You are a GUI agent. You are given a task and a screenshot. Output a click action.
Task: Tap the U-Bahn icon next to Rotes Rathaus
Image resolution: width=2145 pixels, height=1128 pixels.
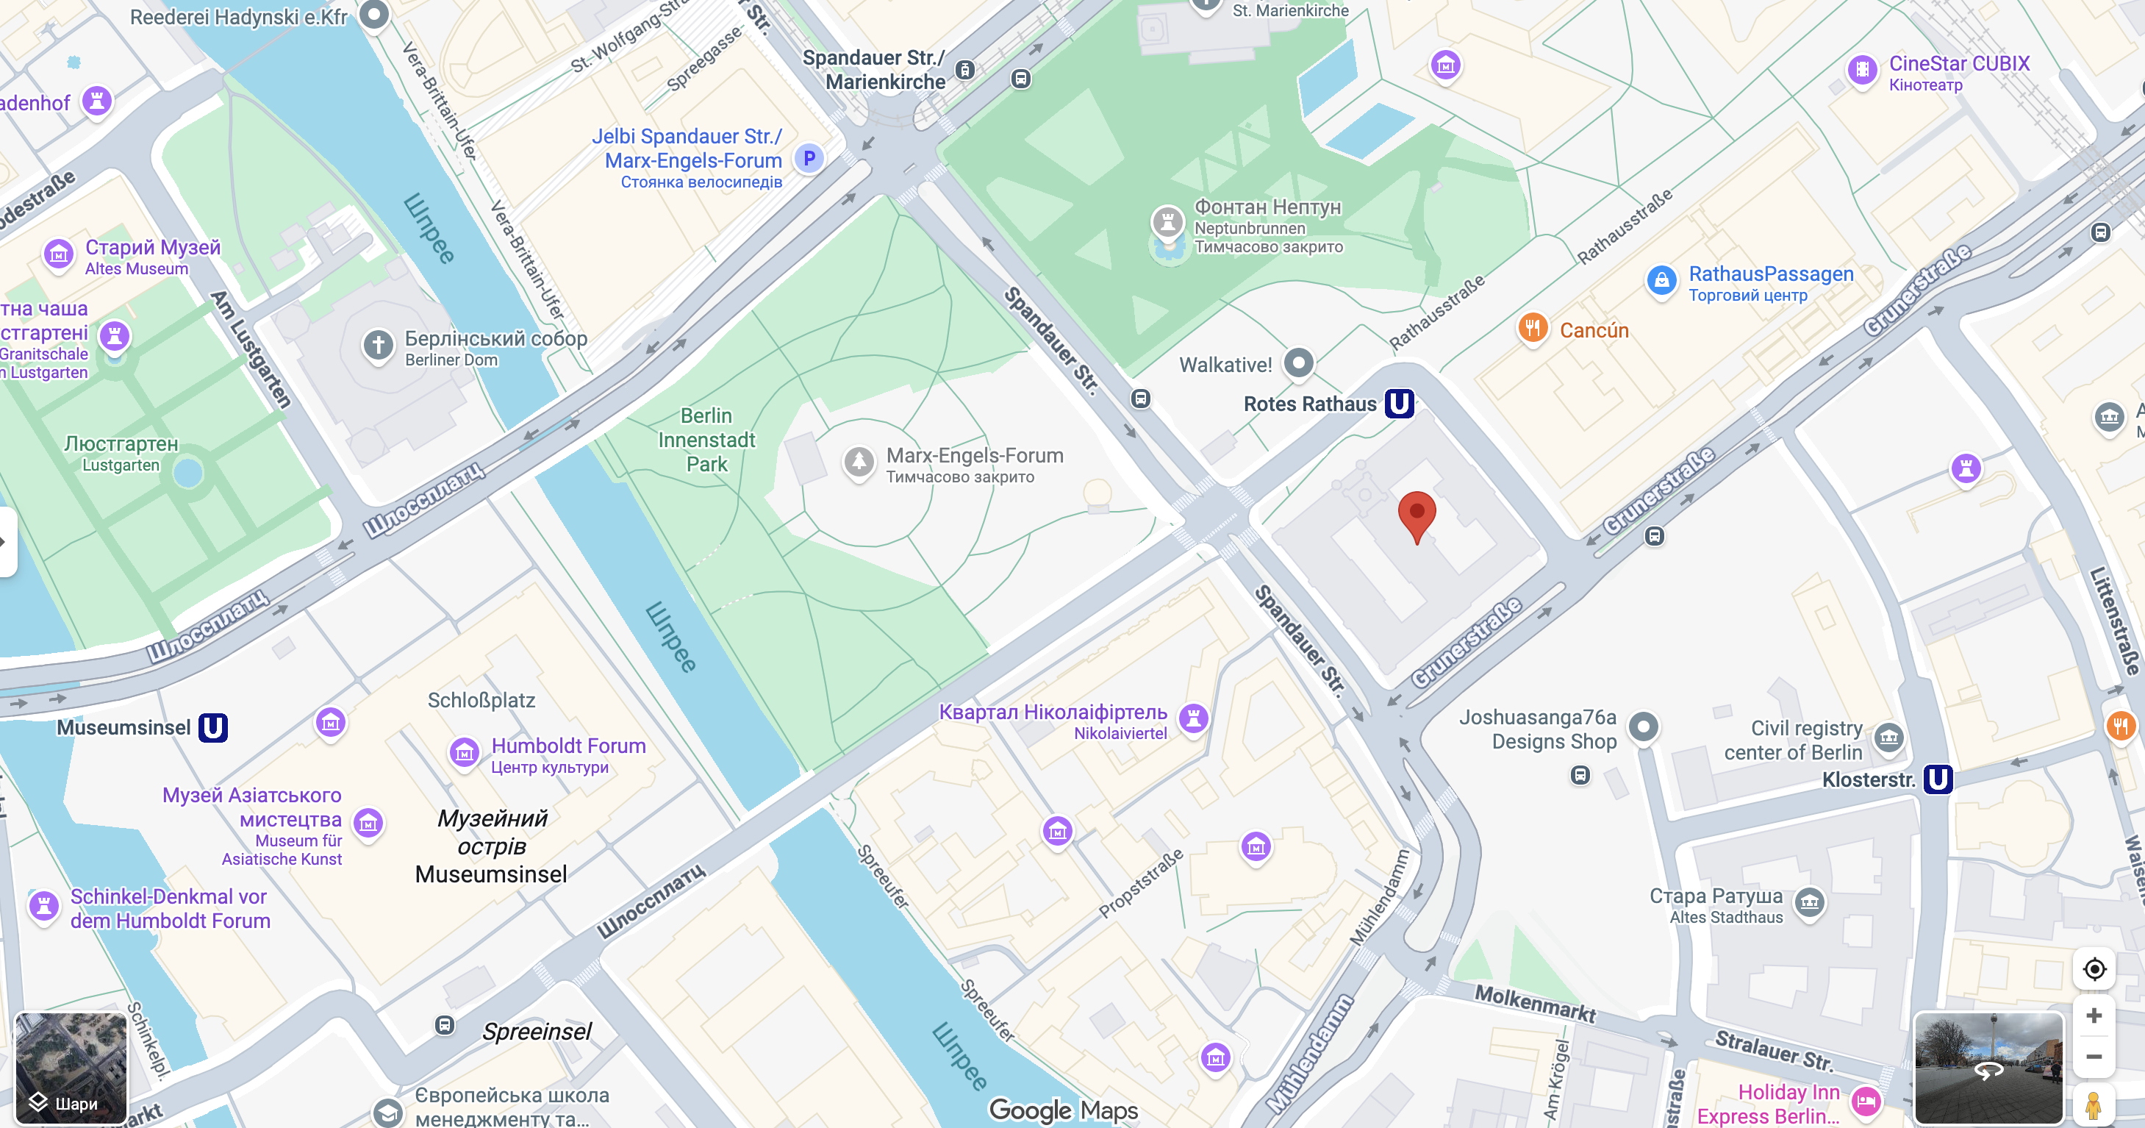point(1399,404)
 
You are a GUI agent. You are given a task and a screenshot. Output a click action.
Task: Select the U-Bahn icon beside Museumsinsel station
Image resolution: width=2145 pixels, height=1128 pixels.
point(213,727)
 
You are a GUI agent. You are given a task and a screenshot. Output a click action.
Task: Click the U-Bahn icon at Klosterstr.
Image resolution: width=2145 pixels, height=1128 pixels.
point(1937,779)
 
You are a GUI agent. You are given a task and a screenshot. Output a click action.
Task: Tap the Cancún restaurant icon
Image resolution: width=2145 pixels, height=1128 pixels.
point(1532,328)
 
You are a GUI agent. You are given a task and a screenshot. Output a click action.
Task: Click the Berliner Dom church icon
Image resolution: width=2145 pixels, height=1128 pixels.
point(378,344)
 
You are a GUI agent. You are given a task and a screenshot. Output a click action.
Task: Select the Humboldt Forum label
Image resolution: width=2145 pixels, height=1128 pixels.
point(568,746)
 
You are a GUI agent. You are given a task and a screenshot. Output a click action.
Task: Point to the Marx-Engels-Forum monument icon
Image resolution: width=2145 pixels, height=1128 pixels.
point(859,461)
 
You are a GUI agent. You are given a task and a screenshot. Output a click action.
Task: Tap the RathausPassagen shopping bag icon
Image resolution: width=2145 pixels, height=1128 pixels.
point(1661,280)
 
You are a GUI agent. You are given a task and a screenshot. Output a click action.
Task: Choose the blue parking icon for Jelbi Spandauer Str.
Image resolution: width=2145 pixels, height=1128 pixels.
point(809,157)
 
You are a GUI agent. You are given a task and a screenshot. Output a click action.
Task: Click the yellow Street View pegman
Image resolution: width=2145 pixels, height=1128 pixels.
point(2093,1104)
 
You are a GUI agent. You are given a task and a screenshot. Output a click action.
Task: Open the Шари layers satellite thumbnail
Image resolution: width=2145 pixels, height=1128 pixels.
point(71,1067)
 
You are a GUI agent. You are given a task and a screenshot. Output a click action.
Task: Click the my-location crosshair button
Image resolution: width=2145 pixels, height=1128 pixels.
point(2094,969)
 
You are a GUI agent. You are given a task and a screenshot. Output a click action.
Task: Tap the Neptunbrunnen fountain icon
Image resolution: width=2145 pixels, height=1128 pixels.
point(1167,222)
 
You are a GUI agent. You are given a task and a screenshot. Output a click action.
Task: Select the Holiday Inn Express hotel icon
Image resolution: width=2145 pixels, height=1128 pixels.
point(1866,1102)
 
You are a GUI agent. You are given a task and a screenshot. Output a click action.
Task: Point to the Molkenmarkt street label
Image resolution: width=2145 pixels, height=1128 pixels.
point(1535,1003)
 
